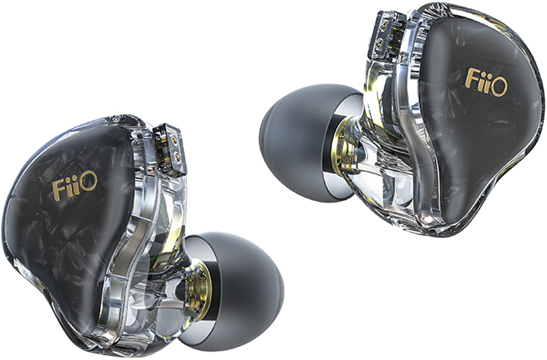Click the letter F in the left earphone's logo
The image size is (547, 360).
(x=59, y=189)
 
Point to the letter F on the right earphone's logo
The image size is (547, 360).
(x=472, y=77)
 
